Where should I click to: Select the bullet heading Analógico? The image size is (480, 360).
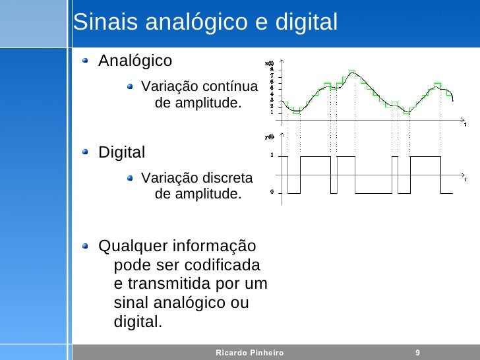(x=135, y=61)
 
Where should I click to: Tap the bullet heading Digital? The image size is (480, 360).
(x=121, y=153)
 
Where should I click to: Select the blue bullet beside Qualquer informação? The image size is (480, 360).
(x=86, y=247)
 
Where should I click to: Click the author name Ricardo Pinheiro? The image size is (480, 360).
(x=249, y=353)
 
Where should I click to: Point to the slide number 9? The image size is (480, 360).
(x=417, y=353)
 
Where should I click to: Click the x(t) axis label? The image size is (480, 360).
(x=270, y=64)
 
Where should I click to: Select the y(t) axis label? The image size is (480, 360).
(x=270, y=137)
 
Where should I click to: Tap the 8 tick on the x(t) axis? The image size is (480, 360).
(x=272, y=70)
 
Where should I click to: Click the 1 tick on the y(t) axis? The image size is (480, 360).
(x=272, y=156)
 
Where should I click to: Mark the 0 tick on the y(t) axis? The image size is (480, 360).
(x=272, y=193)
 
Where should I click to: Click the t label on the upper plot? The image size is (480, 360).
(x=464, y=124)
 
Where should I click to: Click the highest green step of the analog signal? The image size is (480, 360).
(x=353, y=71)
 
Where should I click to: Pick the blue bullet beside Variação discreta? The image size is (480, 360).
(x=132, y=178)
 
